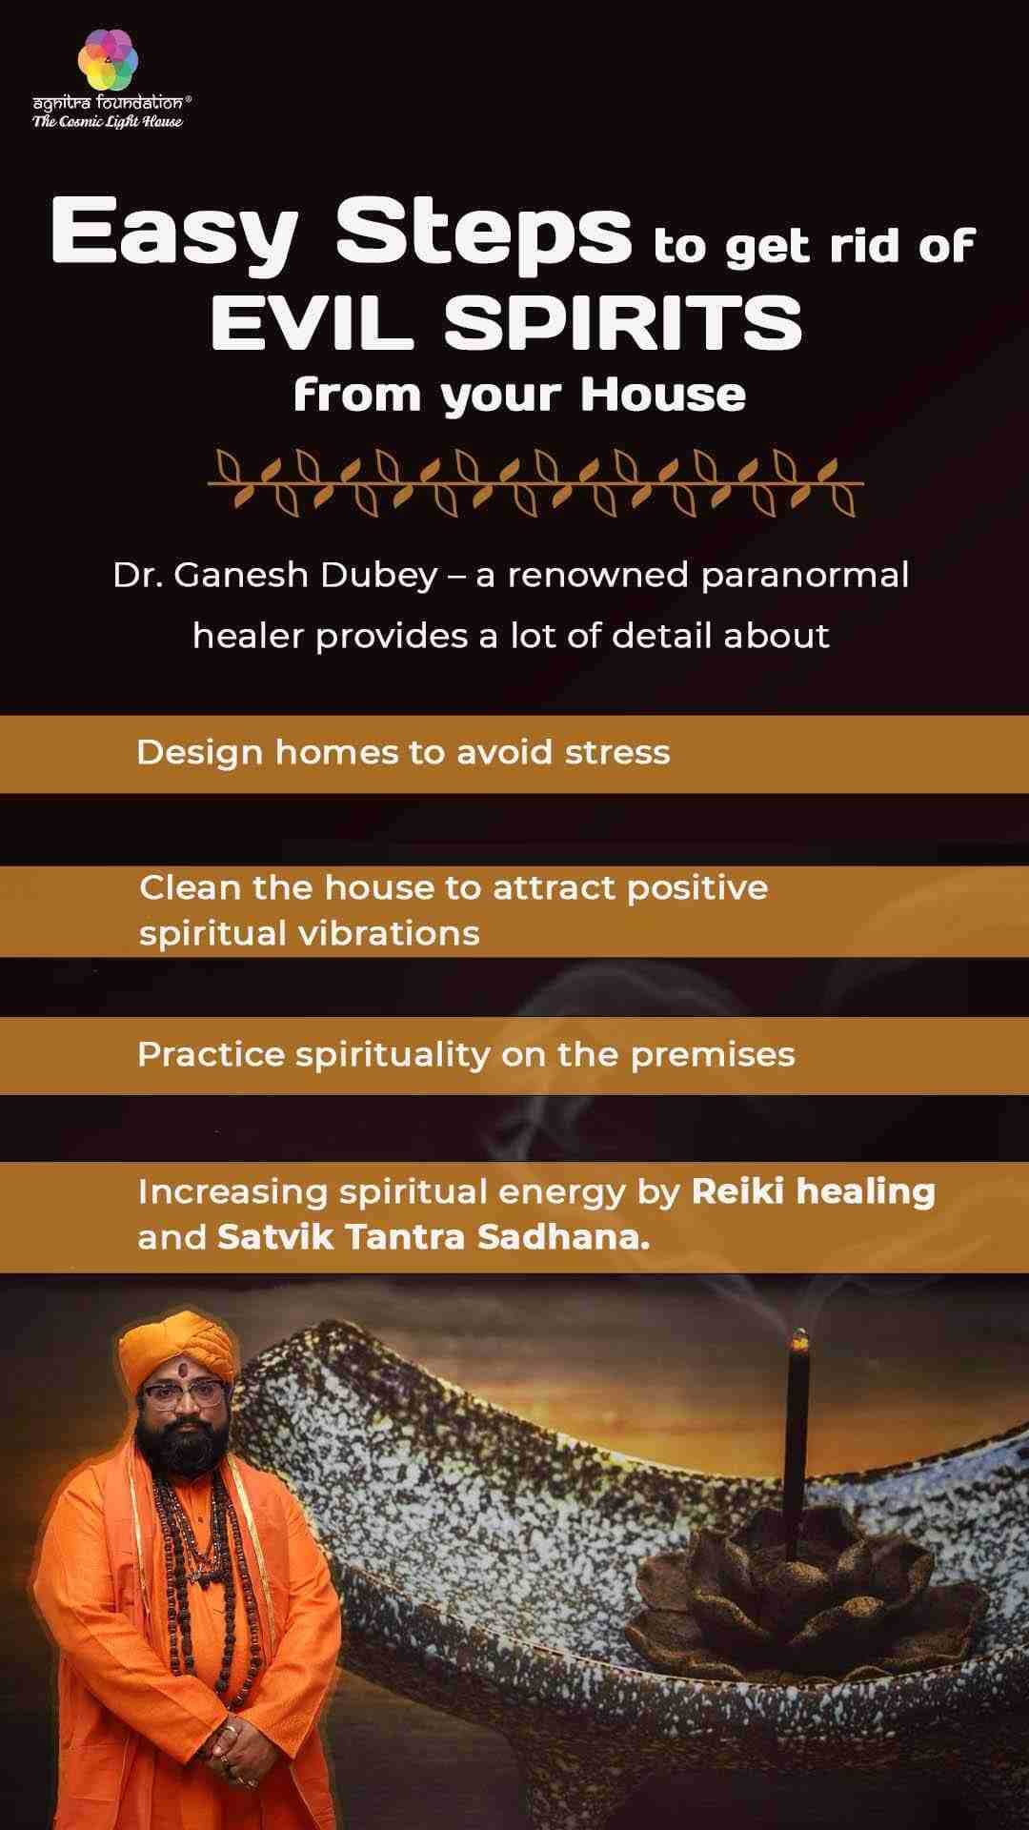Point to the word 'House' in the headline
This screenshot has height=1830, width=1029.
pyautogui.click(x=663, y=395)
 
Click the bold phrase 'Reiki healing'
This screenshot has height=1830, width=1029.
pyautogui.click(x=813, y=1191)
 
